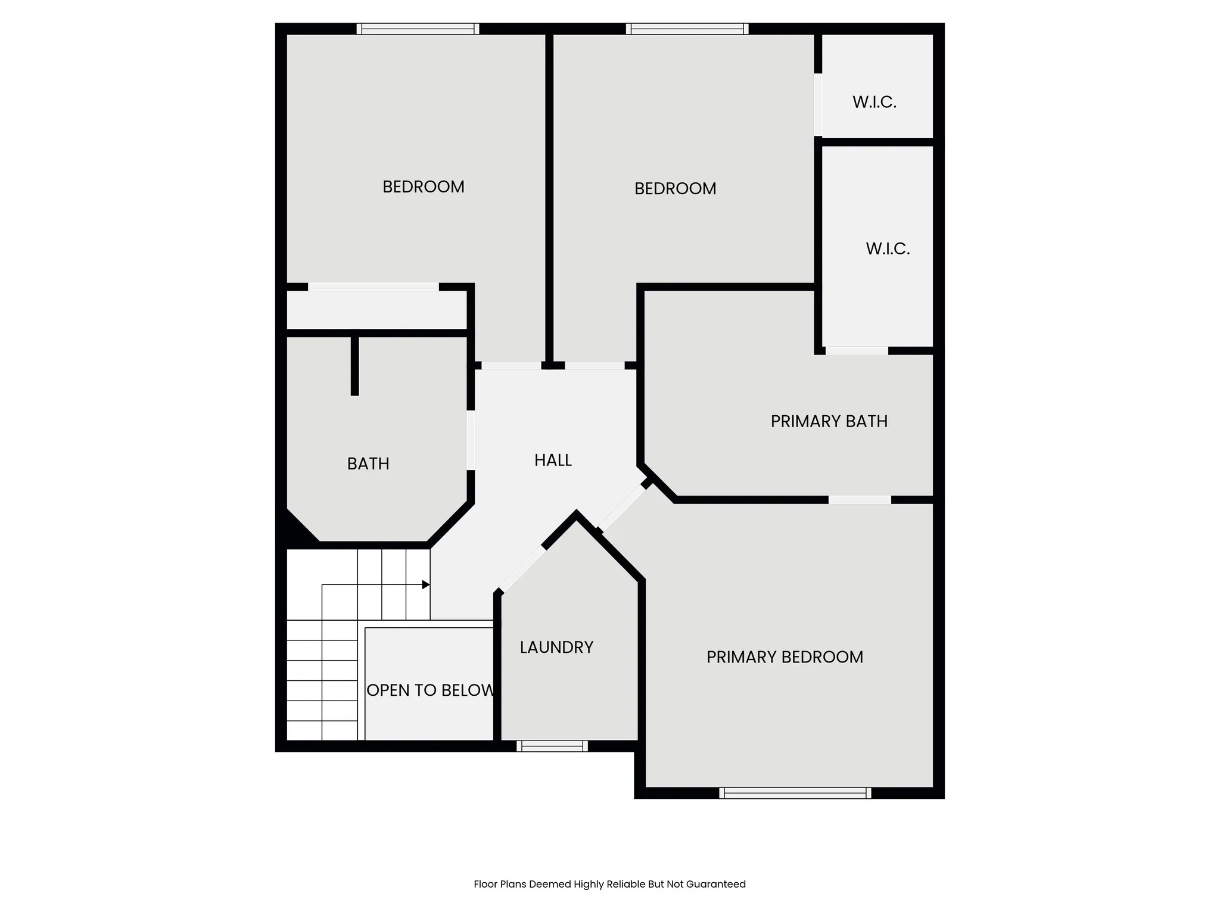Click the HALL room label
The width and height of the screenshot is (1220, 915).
pos(553,460)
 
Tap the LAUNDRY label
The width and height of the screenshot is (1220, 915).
pos(556,647)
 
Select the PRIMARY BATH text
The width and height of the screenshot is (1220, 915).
pos(829,421)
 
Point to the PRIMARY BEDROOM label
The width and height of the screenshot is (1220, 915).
pos(785,656)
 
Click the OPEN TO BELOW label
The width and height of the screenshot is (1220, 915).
pos(430,690)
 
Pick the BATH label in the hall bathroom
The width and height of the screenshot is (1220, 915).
pos(368,463)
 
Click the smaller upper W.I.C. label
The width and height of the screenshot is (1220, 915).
pos(874,102)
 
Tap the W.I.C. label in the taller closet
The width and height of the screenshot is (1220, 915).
pos(888,248)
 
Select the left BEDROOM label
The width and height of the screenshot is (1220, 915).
pos(423,186)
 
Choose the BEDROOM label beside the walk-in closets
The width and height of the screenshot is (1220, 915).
pos(675,188)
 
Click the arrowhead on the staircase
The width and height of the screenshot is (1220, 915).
pos(426,584)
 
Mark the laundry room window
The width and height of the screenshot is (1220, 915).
pos(552,746)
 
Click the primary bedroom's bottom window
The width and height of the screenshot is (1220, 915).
pos(795,793)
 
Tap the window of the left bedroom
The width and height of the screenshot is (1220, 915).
pos(418,29)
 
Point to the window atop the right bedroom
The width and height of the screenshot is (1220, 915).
pos(687,29)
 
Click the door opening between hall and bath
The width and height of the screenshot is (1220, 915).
pos(471,440)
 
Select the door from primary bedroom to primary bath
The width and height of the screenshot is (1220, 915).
pos(860,500)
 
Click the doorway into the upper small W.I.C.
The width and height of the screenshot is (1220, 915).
pos(818,104)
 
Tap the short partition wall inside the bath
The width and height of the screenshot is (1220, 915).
pos(354,365)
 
